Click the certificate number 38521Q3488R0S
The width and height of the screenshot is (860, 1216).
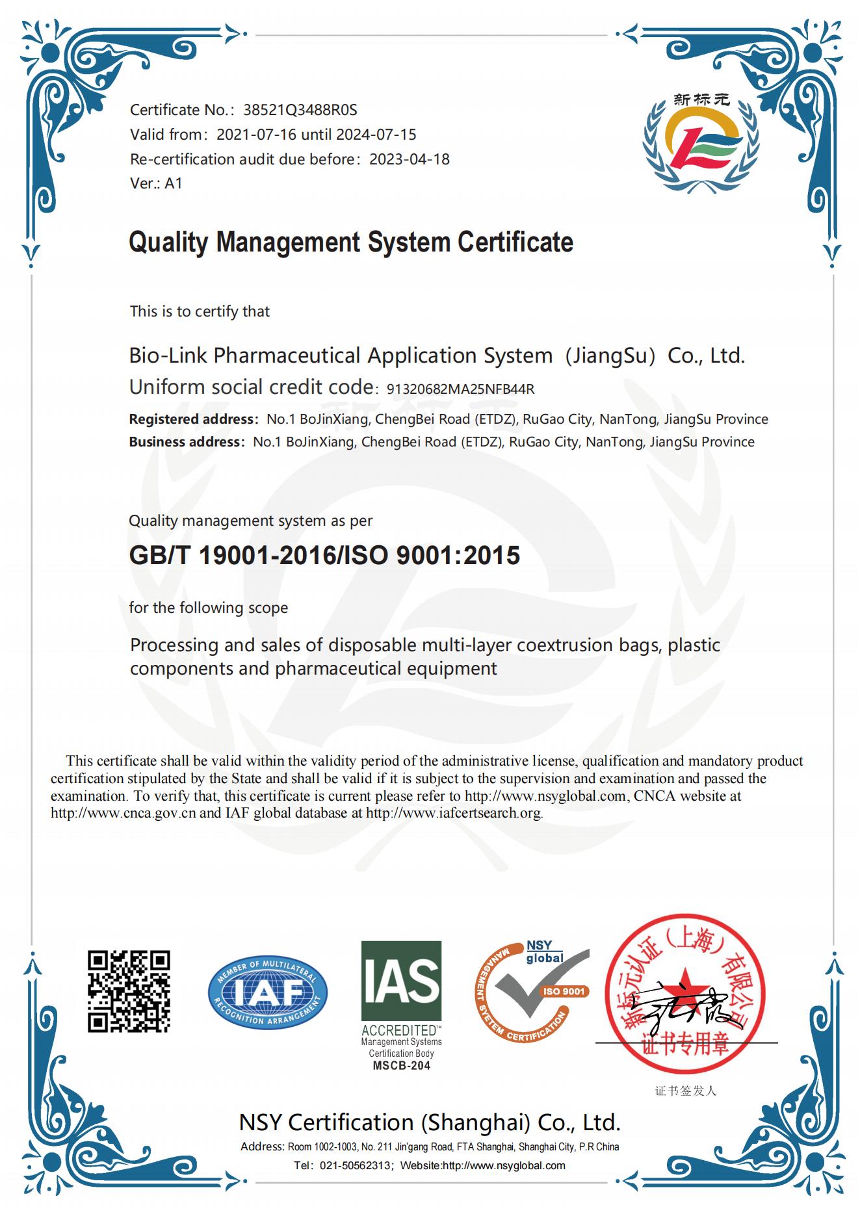pyautogui.click(x=300, y=110)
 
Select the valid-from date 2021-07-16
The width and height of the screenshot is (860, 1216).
pyautogui.click(x=256, y=135)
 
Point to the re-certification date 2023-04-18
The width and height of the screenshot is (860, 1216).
pyautogui.click(x=409, y=159)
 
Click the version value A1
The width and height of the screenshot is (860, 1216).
pyautogui.click(x=174, y=183)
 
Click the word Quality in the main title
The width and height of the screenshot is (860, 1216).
pyautogui.click(x=168, y=242)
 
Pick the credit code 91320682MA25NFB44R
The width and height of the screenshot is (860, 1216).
pyautogui.click(x=460, y=389)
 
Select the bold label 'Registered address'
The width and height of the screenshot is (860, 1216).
pyautogui.click(x=191, y=419)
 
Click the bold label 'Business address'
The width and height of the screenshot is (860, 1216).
pyautogui.click(x=185, y=442)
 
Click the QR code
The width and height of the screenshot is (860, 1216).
pyautogui.click(x=129, y=991)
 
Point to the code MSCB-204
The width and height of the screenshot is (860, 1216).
pyautogui.click(x=401, y=1066)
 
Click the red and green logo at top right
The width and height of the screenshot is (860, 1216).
pyautogui.click(x=700, y=142)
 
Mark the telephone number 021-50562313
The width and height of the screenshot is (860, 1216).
pyautogui.click(x=356, y=1166)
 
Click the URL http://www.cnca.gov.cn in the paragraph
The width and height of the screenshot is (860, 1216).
pyautogui.click(x=123, y=813)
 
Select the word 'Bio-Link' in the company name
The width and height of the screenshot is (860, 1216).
pyautogui.click(x=168, y=356)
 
